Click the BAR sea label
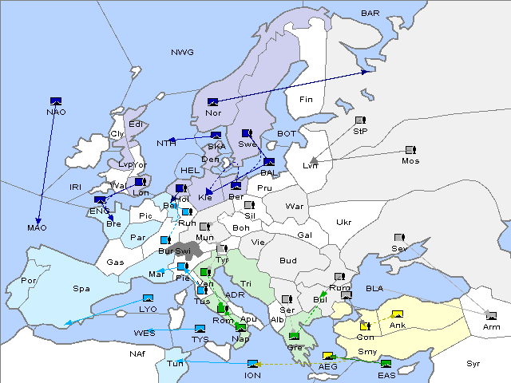[370, 14]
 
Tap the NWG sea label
[182, 53]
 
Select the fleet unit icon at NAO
[56, 101]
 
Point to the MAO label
[37, 228]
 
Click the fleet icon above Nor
[213, 101]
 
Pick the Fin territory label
[305, 100]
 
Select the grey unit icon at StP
[360, 121]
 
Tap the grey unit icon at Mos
[410, 150]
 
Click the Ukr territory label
[343, 223]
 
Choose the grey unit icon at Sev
[399, 239]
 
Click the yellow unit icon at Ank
[397, 314]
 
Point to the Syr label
[473, 364]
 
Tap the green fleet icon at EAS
[386, 365]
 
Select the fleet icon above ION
[253, 364]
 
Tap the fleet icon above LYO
[148, 298]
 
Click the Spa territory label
[81, 288]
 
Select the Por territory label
[29, 281]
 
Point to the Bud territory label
[288, 261]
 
